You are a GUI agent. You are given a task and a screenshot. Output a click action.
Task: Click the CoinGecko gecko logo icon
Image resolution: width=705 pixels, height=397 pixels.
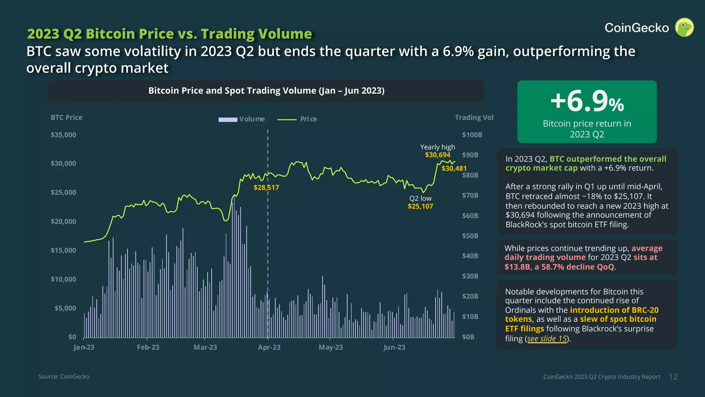pos(684,28)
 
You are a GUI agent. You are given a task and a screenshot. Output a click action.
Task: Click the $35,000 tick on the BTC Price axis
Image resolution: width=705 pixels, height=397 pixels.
pos(63,135)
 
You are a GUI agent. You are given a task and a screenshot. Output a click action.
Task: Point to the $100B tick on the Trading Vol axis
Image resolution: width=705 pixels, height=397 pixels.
pos(472,135)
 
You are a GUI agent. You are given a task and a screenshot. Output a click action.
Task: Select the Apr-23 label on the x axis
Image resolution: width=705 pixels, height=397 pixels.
pos(269,347)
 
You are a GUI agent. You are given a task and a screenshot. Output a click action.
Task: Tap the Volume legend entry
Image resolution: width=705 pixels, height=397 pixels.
pos(242,119)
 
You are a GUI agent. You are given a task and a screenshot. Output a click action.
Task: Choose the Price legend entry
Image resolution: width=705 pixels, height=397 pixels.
pos(297,119)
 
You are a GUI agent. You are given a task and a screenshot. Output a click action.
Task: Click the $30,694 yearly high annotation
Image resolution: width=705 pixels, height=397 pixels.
pos(438,155)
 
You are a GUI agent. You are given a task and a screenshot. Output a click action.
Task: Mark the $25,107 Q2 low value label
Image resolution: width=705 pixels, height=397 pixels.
pos(420,206)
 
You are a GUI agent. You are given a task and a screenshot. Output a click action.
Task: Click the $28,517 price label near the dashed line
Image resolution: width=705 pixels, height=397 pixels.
pos(266,188)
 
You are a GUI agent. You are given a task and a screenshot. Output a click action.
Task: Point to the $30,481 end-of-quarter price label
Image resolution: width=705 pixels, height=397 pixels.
pos(454,169)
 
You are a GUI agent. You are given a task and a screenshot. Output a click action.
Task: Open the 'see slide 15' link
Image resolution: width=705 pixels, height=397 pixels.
pos(547,339)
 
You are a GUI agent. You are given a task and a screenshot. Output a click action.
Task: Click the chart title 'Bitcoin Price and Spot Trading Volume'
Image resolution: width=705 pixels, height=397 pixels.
pos(266,91)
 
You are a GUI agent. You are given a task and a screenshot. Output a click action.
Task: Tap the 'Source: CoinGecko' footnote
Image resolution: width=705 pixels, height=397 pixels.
pos(64,377)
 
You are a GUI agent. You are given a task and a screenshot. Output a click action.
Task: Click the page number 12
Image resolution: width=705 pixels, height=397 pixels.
pos(673,377)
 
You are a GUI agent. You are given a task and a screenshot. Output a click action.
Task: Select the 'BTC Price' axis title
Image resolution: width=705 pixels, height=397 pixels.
pos(66,118)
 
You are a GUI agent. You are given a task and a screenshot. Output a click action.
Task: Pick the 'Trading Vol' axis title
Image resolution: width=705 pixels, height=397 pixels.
pos(474,118)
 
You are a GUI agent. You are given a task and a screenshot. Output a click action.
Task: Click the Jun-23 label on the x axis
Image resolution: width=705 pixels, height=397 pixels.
pos(394,347)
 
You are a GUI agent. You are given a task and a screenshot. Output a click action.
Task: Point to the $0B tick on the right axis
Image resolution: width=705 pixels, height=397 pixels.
pos(468,337)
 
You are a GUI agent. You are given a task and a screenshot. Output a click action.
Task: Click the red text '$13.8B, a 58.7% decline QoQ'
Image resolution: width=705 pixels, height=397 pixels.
pos(559,267)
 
